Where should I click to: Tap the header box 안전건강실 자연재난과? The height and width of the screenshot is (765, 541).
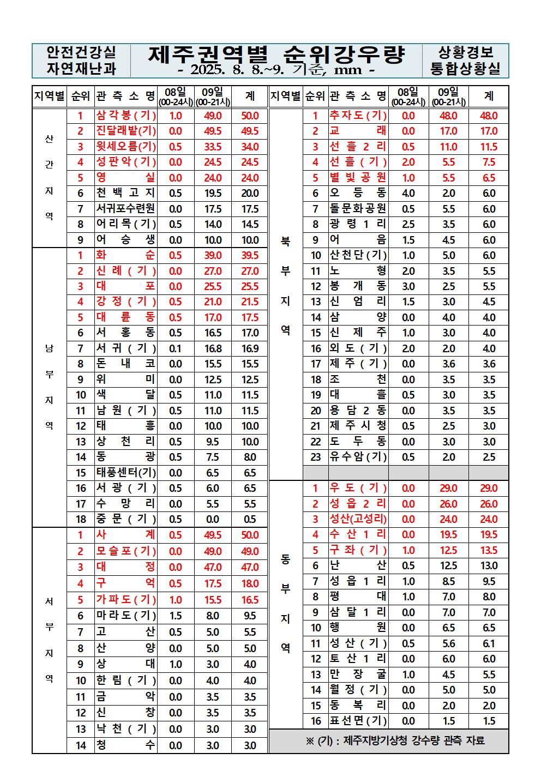click(x=81, y=61)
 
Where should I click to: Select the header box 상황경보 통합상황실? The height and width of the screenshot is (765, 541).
click(x=465, y=61)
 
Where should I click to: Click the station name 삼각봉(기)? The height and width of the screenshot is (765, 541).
click(x=126, y=116)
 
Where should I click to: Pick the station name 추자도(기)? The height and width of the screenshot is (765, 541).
click(x=358, y=116)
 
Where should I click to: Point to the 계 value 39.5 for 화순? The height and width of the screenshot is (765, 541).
click(x=250, y=255)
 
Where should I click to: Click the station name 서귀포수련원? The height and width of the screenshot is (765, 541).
click(x=126, y=209)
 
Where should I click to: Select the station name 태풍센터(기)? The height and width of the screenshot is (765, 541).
click(x=126, y=473)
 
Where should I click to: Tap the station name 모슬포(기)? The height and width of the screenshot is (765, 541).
click(x=126, y=551)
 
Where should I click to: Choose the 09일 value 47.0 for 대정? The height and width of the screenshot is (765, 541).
click(x=213, y=567)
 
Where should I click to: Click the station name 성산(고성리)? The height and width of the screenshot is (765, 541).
click(x=358, y=519)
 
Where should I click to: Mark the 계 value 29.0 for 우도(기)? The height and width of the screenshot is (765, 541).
click(x=489, y=489)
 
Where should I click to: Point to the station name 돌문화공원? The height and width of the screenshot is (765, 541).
click(x=358, y=209)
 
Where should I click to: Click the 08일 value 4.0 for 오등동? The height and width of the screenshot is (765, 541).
click(x=408, y=193)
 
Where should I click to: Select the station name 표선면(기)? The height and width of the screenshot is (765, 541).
click(x=358, y=721)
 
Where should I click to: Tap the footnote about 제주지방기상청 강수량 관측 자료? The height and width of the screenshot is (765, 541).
click(x=388, y=740)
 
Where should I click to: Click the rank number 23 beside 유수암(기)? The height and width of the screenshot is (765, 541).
click(x=316, y=457)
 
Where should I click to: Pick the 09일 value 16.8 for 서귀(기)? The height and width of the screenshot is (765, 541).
click(x=213, y=348)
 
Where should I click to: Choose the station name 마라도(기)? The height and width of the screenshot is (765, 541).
click(x=126, y=616)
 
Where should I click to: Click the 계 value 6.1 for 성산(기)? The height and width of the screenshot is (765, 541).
click(x=489, y=643)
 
